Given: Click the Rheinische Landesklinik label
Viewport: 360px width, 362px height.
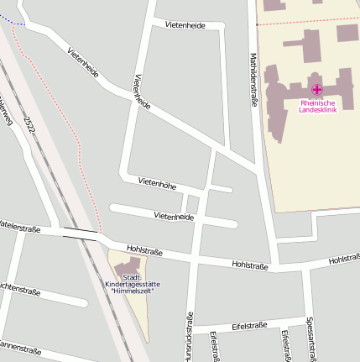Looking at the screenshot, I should (317, 107).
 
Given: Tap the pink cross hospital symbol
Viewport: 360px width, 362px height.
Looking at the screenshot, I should (317, 89).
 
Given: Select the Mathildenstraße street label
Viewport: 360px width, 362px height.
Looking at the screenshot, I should (253, 80).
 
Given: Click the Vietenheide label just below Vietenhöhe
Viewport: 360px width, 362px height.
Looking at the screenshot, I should (174, 216).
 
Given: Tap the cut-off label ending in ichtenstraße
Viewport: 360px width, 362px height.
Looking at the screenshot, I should (20, 291).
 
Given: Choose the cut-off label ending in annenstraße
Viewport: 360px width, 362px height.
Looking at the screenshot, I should (20, 345).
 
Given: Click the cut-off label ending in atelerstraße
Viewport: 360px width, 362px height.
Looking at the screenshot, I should (20, 226).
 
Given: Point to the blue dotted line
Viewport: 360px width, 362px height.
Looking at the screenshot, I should (12, 21).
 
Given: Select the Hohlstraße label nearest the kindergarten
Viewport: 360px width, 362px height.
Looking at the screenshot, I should (143, 250).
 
